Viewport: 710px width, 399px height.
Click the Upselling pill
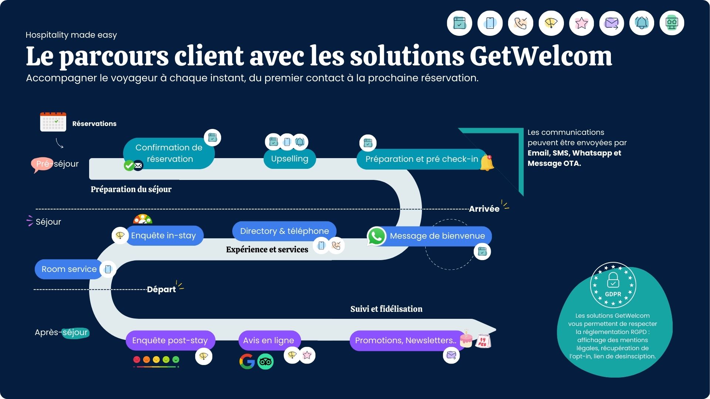pyautogui.click(x=290, y=159)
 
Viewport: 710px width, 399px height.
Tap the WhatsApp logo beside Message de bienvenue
pyautogui.click(x=376, y=236)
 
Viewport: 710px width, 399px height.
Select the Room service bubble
pyautogui.click(x=69, y=269)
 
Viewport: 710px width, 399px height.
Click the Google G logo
pyautogui.click(x=247, y=361)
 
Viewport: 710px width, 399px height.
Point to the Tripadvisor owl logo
pyautogui.click(x=266, y=362)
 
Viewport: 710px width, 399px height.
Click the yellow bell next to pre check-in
pyautogui.click(x=487, y=163)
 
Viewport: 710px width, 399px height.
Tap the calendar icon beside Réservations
pyautogui.click(x=53, y=122)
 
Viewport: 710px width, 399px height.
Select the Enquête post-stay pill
pyautogui.click(x=170, y=341)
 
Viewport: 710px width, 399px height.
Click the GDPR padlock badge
pyautogui.click(x=613, y=285)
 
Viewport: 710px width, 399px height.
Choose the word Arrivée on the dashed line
pyautogui.click(x=484, y=209)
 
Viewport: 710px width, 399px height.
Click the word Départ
pyautogui.click(x=161, y=289)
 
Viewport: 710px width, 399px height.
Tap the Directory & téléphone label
pyautogui.click(x=284, y=231)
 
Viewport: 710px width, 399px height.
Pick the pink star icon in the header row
pyautogui.click(x=581, y=23)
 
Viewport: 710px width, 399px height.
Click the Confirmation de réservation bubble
pyautogui.click(x=169, y=153)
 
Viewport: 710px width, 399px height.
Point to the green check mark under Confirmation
pyautogui.click(x=129, y=166)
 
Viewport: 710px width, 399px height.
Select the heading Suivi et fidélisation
pyautogui.click(x=386, y=309)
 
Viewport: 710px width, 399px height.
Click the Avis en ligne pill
pyautogui.click(x=268, y=341)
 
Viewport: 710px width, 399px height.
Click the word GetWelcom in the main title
pyautogui.click(x=541, y=56)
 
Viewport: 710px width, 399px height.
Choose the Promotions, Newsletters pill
pyautogui.click(x=406, y=341)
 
